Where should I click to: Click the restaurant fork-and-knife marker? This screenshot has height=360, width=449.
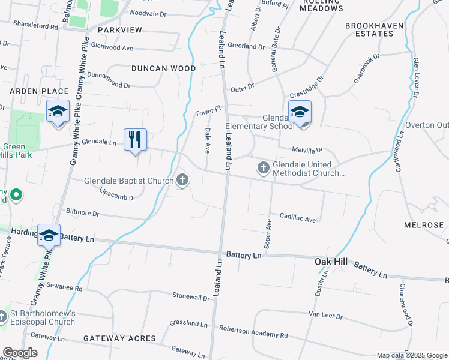click(x=135, y=140)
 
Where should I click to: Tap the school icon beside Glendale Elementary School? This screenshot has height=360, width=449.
click(x=300, y=112)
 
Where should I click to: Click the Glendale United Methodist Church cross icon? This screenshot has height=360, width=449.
click(x=263, y=167)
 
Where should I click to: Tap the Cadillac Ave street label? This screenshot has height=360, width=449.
click(x=297, y=220)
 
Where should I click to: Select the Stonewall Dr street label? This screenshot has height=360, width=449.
click(x=191, y=296)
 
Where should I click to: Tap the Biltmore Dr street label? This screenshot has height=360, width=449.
click(x=79, y=213)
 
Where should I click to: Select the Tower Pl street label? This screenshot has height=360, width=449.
click(x=208, y=112)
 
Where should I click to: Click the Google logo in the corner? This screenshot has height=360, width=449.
click(x=20, y=353)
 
